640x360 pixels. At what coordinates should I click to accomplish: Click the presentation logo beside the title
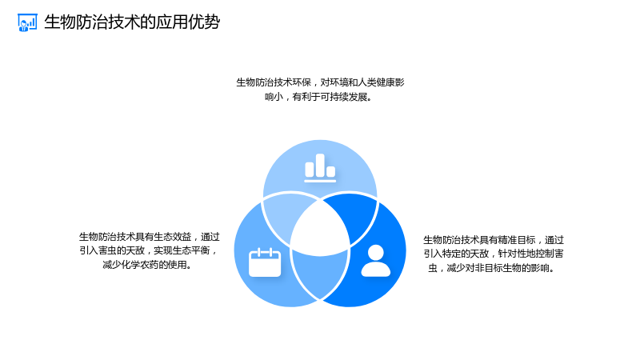click(x=27, y=22)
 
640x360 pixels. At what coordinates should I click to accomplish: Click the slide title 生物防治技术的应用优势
click(x=132, y=22)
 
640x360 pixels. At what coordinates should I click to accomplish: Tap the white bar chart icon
click(x=320, y=168)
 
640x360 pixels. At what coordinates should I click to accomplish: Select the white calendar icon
click(x=265, y=262)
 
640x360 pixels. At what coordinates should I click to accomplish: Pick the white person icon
click(x=375, y=261)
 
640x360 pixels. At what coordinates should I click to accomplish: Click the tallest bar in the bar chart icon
click(x=320, y=166)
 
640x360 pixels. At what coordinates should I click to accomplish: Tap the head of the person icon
click(x=376, y=253)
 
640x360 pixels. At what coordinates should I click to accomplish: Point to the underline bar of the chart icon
click(x=320, y=181)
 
